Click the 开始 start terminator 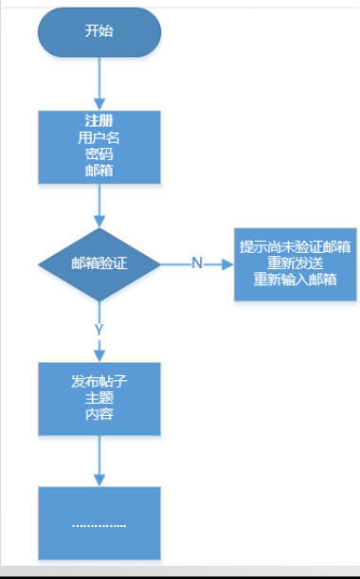tap(99, 32)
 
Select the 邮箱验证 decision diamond tap(99, 263)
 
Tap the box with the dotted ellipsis tap(99, 524)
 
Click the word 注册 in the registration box tap(99, 120)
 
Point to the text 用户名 tap(99, 136)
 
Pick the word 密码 tap(99, 154)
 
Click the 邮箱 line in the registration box tap(99, 170)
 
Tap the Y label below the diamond tap(99, 328)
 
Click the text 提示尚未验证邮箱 tap(296, 247)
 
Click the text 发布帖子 tap(99, 381)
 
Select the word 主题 tap(99, 397)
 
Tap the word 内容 tap(99, 414)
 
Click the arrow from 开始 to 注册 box tap(99, 83)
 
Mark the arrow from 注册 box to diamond tap(99, 206)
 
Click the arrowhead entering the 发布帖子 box tap(99, 355)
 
